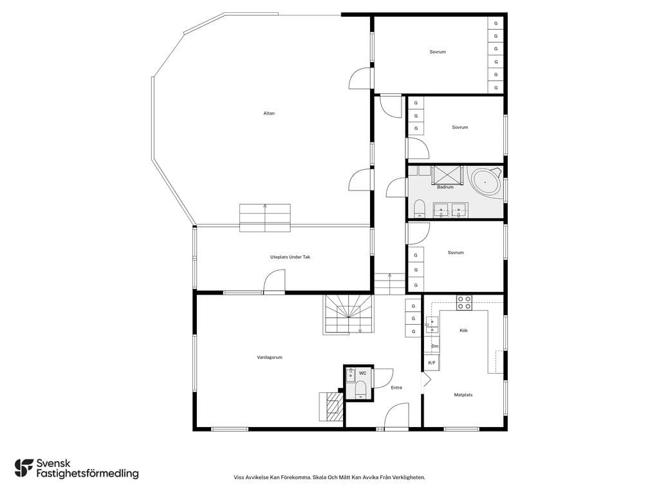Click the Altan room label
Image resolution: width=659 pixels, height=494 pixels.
coord(269,113)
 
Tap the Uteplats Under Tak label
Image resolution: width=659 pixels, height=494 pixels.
coord(290,257)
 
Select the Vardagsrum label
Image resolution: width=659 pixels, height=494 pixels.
coord(270,358)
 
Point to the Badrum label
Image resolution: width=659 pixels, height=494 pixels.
coord(445,187)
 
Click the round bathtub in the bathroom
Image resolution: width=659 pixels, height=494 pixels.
coord(487,181)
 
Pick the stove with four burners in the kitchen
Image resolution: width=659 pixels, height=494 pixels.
coord(465,303)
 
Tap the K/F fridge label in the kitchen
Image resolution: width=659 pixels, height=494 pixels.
coord(432,363)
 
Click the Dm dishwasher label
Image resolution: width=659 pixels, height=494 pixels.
coord(434,346)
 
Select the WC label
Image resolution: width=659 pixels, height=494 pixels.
coord(362,373)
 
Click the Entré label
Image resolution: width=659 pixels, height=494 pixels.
coord(396,388)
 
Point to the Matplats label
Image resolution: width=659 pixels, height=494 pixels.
coord(463,395)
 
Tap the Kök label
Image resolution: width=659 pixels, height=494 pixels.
coord(463,331)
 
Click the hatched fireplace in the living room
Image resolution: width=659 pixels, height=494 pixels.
coord(331,407)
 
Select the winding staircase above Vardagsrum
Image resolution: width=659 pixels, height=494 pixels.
coord(348,315)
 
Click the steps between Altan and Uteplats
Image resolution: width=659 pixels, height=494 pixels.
coord(265,217)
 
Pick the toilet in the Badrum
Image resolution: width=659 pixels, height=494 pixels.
coord(419,209)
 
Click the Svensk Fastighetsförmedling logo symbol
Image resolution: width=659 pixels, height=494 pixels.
coord(24,468)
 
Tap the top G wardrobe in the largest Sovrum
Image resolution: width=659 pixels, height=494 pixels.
coord(496,24)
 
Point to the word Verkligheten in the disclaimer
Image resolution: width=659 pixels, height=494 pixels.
coord(411,477)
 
